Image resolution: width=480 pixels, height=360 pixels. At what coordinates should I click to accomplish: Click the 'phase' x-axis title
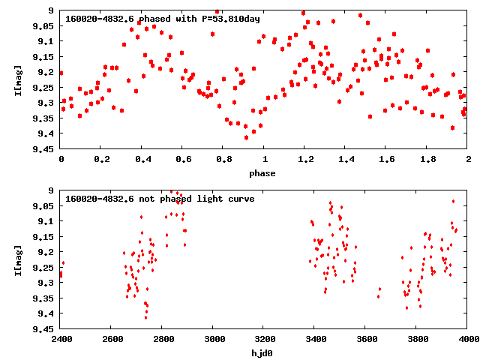coord(264,173)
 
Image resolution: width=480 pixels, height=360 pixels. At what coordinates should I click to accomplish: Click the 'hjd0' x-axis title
coord(264,353)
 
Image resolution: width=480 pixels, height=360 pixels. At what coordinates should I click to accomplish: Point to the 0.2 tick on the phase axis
coord(101,159)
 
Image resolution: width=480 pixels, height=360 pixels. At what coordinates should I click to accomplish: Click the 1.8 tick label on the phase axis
coord(427,159)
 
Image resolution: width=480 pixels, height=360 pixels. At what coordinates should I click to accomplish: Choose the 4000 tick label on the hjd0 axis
coord(468,339)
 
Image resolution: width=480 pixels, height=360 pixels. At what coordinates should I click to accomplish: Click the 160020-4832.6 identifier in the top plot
coord(100,19)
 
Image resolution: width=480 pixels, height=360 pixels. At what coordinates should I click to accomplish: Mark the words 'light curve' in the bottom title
coord(223,199)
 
